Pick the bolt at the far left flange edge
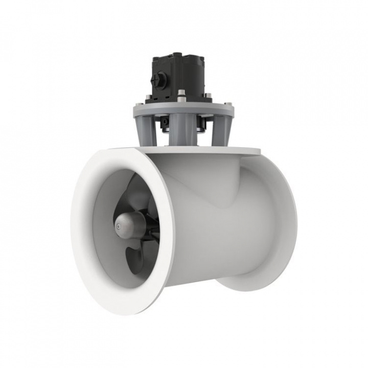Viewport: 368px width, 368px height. (x=136, y=105)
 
